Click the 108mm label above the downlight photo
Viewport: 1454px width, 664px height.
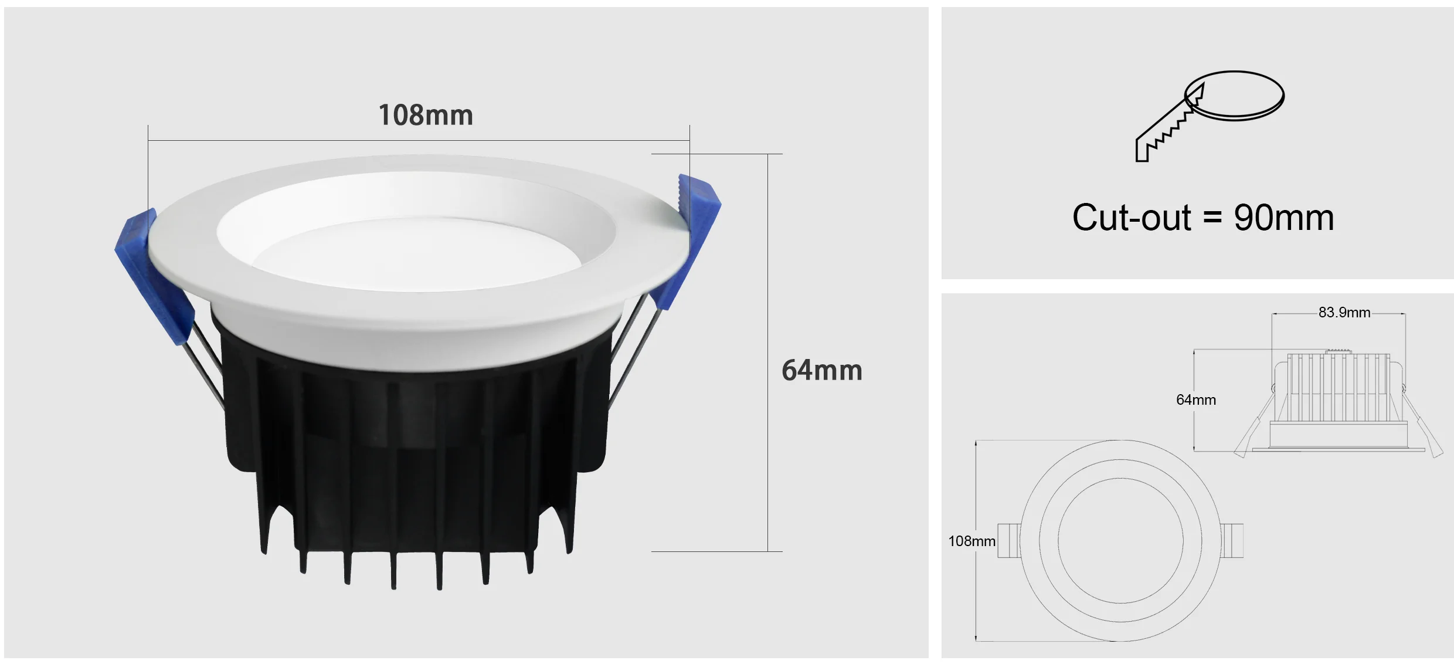click(x=426, y=115)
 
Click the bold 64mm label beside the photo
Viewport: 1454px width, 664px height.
click(x=821, y=371)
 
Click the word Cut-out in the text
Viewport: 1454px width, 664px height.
click(x=1131, y=218)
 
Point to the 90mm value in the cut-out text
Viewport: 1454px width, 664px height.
click(x=1283, y=218)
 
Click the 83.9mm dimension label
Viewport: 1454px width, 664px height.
click(x=1344, y=313)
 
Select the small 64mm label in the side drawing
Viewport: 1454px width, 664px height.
click(x=1195, y=400)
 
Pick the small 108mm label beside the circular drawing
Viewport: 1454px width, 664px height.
click(x=971, y=541)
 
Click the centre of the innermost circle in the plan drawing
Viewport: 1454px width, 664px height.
click(x=1120, y=541)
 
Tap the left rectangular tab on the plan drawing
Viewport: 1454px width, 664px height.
click(x=1008, y=540)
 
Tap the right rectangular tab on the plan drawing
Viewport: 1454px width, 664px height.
click(x=1232, y=540)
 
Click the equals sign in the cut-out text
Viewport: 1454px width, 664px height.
click(x=1212, y=218)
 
